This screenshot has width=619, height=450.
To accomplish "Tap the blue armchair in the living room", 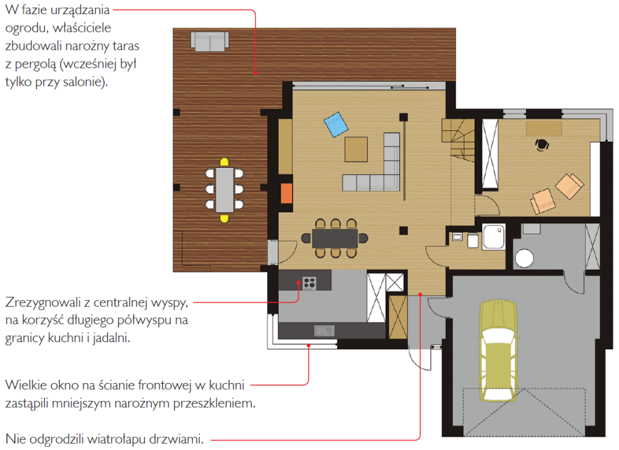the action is [336, 124].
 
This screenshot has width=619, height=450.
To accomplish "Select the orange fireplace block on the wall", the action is [287, 193].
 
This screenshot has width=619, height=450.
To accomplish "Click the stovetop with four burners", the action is [309, 283].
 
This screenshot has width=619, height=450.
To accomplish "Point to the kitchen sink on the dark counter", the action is [324, 331].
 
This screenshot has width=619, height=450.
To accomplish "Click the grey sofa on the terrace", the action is [209, 41].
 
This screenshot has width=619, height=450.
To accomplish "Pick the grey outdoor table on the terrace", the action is [224, 190].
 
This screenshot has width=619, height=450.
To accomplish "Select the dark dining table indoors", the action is [335, 238].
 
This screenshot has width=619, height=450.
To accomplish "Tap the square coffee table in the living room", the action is [356, 149].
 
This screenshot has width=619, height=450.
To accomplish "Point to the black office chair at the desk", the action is [542, 144].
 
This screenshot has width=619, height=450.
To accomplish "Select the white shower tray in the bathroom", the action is [493, 237].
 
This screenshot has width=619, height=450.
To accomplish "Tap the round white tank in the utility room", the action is [525, 259].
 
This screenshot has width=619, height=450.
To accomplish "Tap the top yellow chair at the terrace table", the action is [224, 162].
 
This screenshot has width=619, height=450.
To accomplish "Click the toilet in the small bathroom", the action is [473, 240].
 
